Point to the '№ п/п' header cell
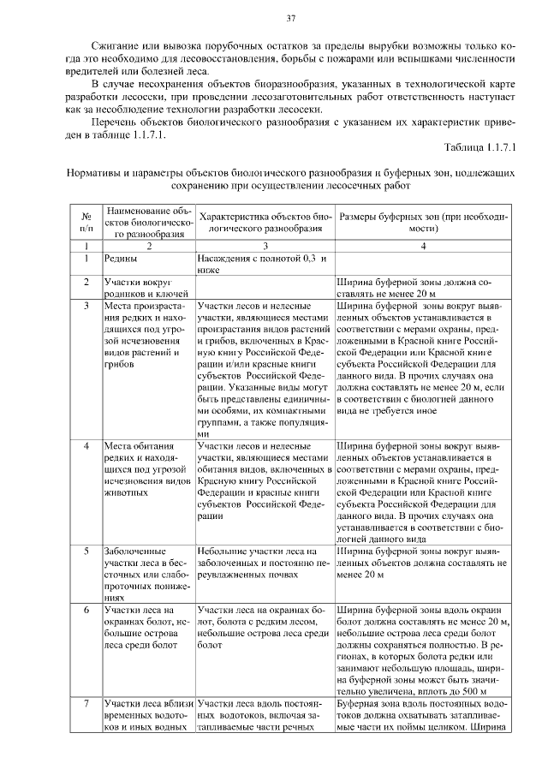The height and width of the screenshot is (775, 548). (86, 223)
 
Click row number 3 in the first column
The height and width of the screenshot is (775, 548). (86, 304)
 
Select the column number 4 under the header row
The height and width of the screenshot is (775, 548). (423, 246)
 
